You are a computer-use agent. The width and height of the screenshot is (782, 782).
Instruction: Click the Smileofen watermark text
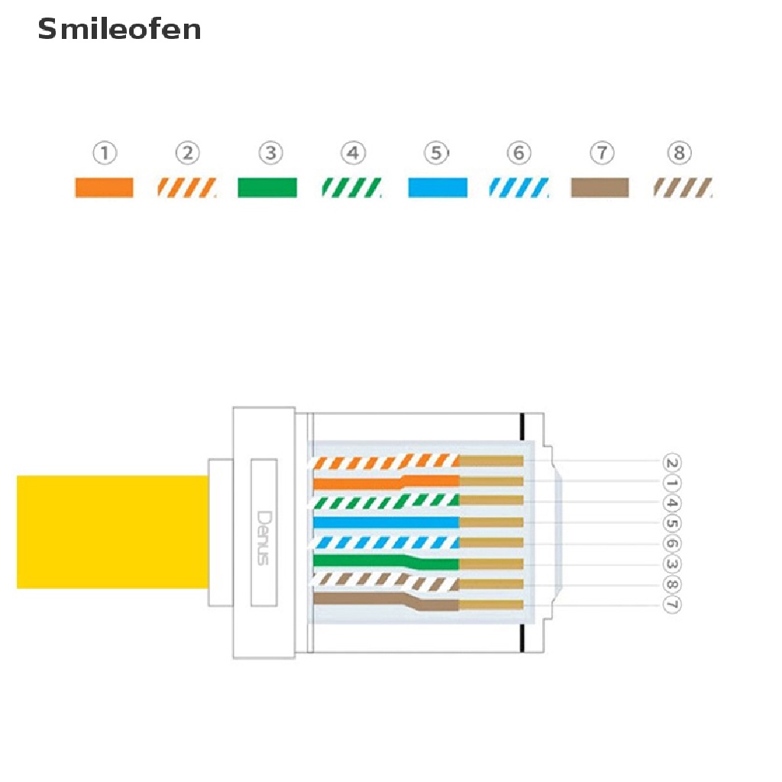click(120, 29)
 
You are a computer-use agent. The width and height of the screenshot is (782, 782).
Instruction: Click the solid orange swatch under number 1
click(104, 187)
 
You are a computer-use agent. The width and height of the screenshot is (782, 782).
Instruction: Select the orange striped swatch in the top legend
click(187, 187)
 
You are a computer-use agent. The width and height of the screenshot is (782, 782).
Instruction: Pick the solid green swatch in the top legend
click(267, 187)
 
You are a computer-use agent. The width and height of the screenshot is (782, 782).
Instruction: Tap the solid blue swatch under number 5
click(437, 187)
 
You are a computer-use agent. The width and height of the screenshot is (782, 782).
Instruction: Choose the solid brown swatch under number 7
click(599, 187)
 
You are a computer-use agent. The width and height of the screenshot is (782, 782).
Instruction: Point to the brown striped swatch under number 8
click(683, 187)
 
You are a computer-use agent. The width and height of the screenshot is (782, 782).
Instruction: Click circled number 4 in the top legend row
click(352, 153)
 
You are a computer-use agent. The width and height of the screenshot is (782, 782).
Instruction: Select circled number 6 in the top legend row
click(519, 153)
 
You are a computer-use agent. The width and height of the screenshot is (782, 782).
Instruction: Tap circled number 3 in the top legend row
click(270, 153)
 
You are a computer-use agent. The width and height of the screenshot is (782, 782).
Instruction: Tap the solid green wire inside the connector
click(359, 561)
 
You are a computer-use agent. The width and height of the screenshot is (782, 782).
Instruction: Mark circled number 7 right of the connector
click(672, 605)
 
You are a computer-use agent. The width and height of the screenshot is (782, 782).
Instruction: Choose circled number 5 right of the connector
click(672, 524)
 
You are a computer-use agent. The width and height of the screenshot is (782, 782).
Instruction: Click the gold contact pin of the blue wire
click(491, 522)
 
